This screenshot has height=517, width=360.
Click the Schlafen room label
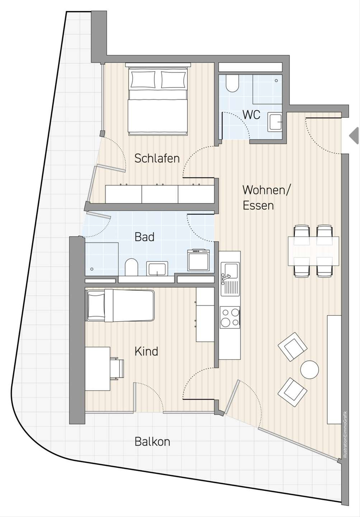[x=157, y=158]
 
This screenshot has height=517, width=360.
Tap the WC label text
[x=251, y=115]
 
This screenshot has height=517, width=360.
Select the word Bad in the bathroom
[x=145, y=237]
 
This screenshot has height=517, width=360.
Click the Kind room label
[x=146, y=351]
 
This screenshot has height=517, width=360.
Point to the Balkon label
[x=152, y=442]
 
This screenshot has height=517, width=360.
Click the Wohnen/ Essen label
[x=266, y=198]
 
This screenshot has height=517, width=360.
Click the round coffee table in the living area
[x=310, y=369]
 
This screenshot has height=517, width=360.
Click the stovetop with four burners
[x=230, y=317]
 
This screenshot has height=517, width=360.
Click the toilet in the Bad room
[x=131, y=267]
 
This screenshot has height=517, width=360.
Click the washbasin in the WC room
[x=275, y=122]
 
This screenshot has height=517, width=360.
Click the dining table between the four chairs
[x=313, y=251]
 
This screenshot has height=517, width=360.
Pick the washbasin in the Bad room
[x=157, y=268]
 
